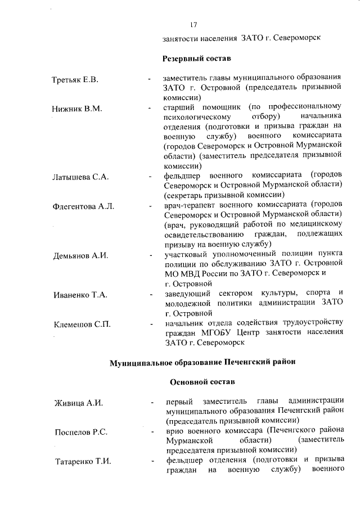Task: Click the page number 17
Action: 193,25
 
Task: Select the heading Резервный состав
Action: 197,58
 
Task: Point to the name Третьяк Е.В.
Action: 75,79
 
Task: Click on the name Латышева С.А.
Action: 80,177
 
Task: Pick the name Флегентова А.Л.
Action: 83,206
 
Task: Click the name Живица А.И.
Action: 78,403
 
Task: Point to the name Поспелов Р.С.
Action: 82,432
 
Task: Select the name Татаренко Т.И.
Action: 83,462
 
